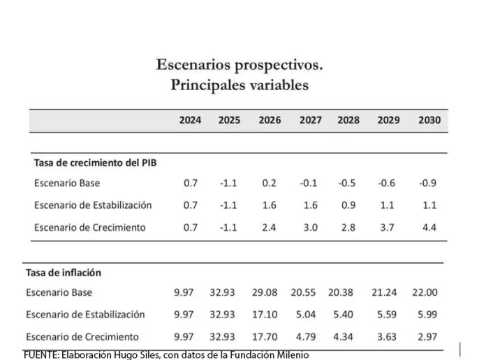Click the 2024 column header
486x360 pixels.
(190, 120)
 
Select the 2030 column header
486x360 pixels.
(429, 120)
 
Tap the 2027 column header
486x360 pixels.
(310, 120)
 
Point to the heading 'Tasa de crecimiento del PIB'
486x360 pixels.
(95, 163)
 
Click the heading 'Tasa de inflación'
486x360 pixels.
(63, 272)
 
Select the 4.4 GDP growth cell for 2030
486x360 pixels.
(429, 227)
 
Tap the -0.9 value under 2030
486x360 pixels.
(428, 183)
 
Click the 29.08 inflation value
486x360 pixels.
(267, 292)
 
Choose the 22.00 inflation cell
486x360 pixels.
(425, 292)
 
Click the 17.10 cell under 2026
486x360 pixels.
(267, 314)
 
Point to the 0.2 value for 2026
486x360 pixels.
(270, 183)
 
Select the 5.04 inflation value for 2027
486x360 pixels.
(309, 314)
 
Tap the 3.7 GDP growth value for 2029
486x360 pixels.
(388, 227)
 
